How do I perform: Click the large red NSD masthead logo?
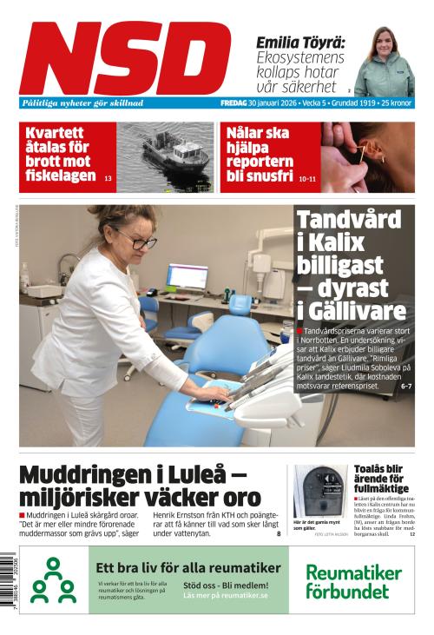click(125, 58)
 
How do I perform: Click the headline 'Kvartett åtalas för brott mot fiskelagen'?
click(60, 154)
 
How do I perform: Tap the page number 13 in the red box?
click(108, 178)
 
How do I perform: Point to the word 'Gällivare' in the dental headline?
click(351, 310)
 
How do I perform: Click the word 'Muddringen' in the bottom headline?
click(77, 475)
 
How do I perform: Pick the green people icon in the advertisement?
click(53, 581)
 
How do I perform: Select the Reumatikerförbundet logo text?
click(353, 581)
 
